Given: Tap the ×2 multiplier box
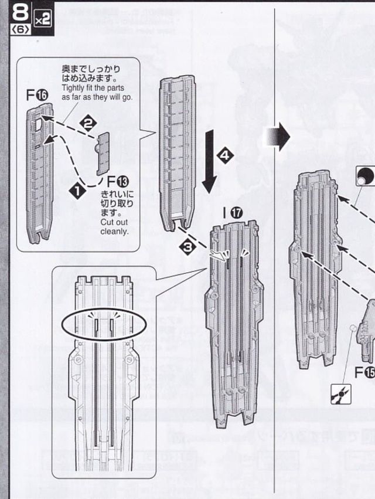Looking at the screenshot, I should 42,19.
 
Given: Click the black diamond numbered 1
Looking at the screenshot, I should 75,190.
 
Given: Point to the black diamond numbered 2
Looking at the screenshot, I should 88,123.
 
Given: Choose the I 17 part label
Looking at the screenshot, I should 231,212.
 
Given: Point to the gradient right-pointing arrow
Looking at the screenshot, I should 277,137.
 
